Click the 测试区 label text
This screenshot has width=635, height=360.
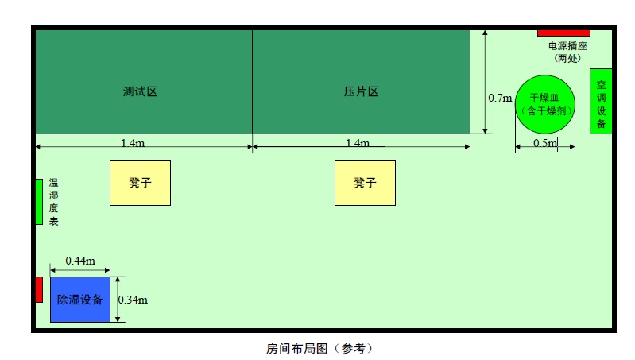(140, 91)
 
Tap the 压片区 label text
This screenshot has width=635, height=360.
(362, 91)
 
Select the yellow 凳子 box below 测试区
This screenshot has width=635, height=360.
(140, 183)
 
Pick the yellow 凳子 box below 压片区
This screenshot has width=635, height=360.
(365, 183)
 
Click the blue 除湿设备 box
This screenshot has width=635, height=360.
(80, 300)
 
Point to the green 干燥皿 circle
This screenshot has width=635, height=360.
(545, 104)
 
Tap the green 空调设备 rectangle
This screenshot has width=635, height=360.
(601, 101)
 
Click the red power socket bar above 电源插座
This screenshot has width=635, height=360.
(563, 33)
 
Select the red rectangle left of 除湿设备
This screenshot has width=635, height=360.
(39, 289)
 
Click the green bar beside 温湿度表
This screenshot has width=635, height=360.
(39, 202)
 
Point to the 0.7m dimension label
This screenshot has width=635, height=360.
(500, 98)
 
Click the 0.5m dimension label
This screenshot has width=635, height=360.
(545, 143)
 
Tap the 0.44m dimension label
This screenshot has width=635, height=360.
(80, 261)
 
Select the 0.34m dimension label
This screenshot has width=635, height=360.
(133, 300)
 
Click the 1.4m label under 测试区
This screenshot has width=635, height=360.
(133, 143)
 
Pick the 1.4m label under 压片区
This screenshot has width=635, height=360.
(358, 143)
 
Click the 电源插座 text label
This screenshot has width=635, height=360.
(567, 46)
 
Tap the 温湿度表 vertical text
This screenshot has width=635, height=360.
(54, 202)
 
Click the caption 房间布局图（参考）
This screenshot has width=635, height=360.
(319, 348)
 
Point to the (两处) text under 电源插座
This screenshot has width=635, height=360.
(567, 58)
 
